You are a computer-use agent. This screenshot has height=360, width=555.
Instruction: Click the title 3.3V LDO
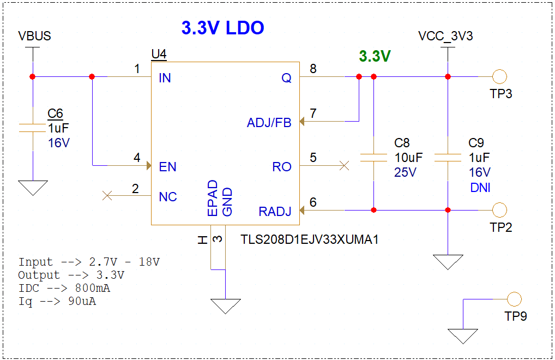click(x=222, y=28)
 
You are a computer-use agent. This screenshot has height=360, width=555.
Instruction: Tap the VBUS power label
click(x=34, y=36)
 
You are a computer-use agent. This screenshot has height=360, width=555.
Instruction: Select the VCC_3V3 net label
click(x=445, y=37)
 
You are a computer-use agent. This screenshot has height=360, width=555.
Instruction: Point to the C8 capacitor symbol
click(x=373, y=158)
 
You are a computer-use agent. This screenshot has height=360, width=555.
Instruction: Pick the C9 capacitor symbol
click(x=448, y=158)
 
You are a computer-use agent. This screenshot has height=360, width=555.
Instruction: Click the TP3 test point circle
click(x=499, y=77)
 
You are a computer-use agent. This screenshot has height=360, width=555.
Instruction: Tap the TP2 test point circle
click(x=499, y=209)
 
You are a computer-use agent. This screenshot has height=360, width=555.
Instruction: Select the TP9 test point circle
click(x=514, y=299)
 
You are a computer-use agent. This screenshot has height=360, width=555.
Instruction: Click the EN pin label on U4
click(x=167, y=167)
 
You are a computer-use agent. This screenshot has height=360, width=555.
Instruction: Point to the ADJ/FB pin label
click(x=269, y=123)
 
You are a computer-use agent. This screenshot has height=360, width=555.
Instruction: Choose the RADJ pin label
click(x=275, y=212)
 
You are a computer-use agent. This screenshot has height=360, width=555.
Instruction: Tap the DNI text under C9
click(x=479, y=188)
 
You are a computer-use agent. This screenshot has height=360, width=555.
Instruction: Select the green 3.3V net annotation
click(x=375, y=56)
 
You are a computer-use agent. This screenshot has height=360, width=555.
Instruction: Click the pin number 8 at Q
click(x=313, y=68)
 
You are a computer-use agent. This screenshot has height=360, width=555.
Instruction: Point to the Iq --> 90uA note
click(x=57, y=301)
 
